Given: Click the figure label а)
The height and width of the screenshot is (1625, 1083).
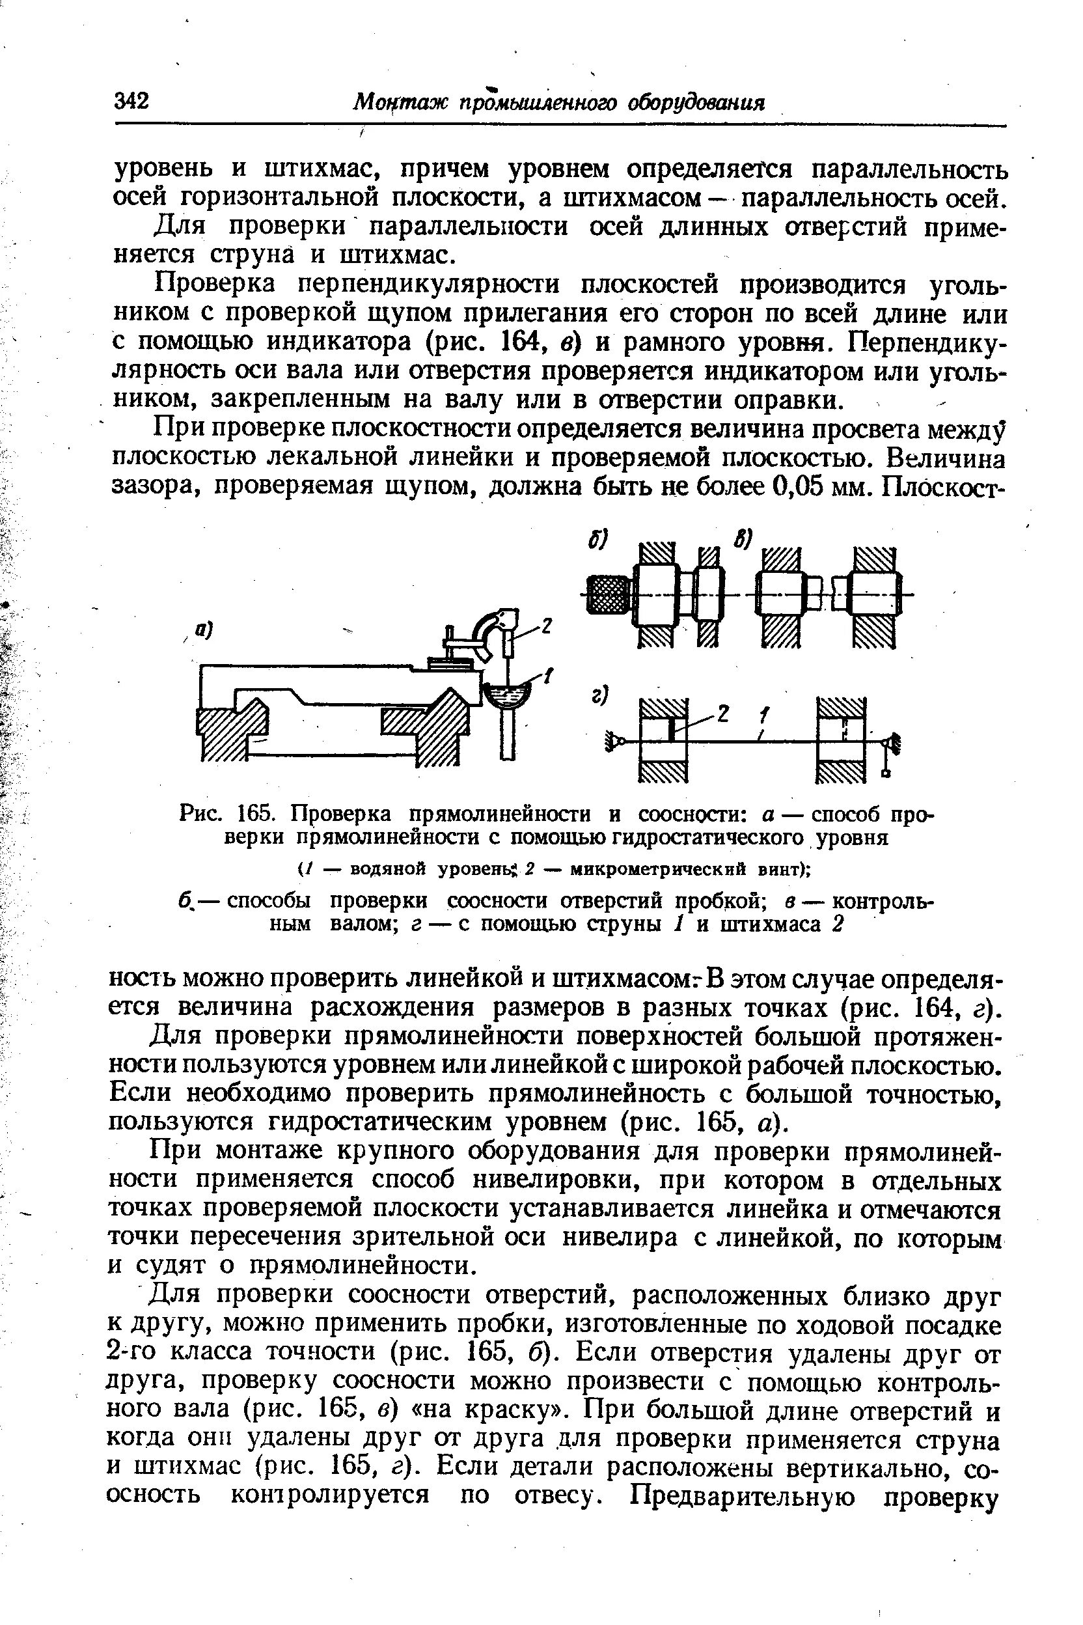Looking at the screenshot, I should click(204, 630).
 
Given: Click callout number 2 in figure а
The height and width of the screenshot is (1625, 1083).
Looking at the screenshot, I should click(546, 626).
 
